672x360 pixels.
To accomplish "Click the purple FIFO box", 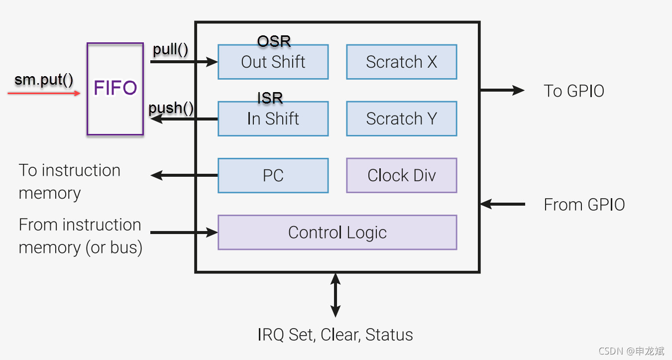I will click(x=115, y=89).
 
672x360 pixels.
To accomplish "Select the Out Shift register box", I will click(x=273, y=62).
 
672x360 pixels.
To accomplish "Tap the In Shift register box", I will click(x=273, y=119).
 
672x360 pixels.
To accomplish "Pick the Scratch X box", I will click(x=401, y=62).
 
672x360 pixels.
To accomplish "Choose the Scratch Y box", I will click(x=401, y=119).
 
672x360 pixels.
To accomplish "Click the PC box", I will click(x=273, y=175).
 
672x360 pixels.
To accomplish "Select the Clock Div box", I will click(x=401, y=175).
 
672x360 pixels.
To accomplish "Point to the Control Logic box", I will click(x=337, y=233).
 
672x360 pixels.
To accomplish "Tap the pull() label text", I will click(x=170, y=50).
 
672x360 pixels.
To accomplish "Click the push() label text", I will click(x=171, y=108).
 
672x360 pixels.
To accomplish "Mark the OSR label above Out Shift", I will click(x=274, y=41).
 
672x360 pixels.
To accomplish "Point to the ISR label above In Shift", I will click(x=270, y=98).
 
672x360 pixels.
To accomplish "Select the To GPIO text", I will click(x=573, y=91).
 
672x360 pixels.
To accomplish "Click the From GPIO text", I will click(x=584, y=205).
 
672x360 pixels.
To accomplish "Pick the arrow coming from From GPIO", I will click(x=503, y=204).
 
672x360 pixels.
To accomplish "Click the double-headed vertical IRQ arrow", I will click(x=336, y=295).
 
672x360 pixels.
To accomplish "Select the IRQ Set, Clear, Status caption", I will click(x=335, y=335).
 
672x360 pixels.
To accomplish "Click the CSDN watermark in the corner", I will click(x=631, y=351).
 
